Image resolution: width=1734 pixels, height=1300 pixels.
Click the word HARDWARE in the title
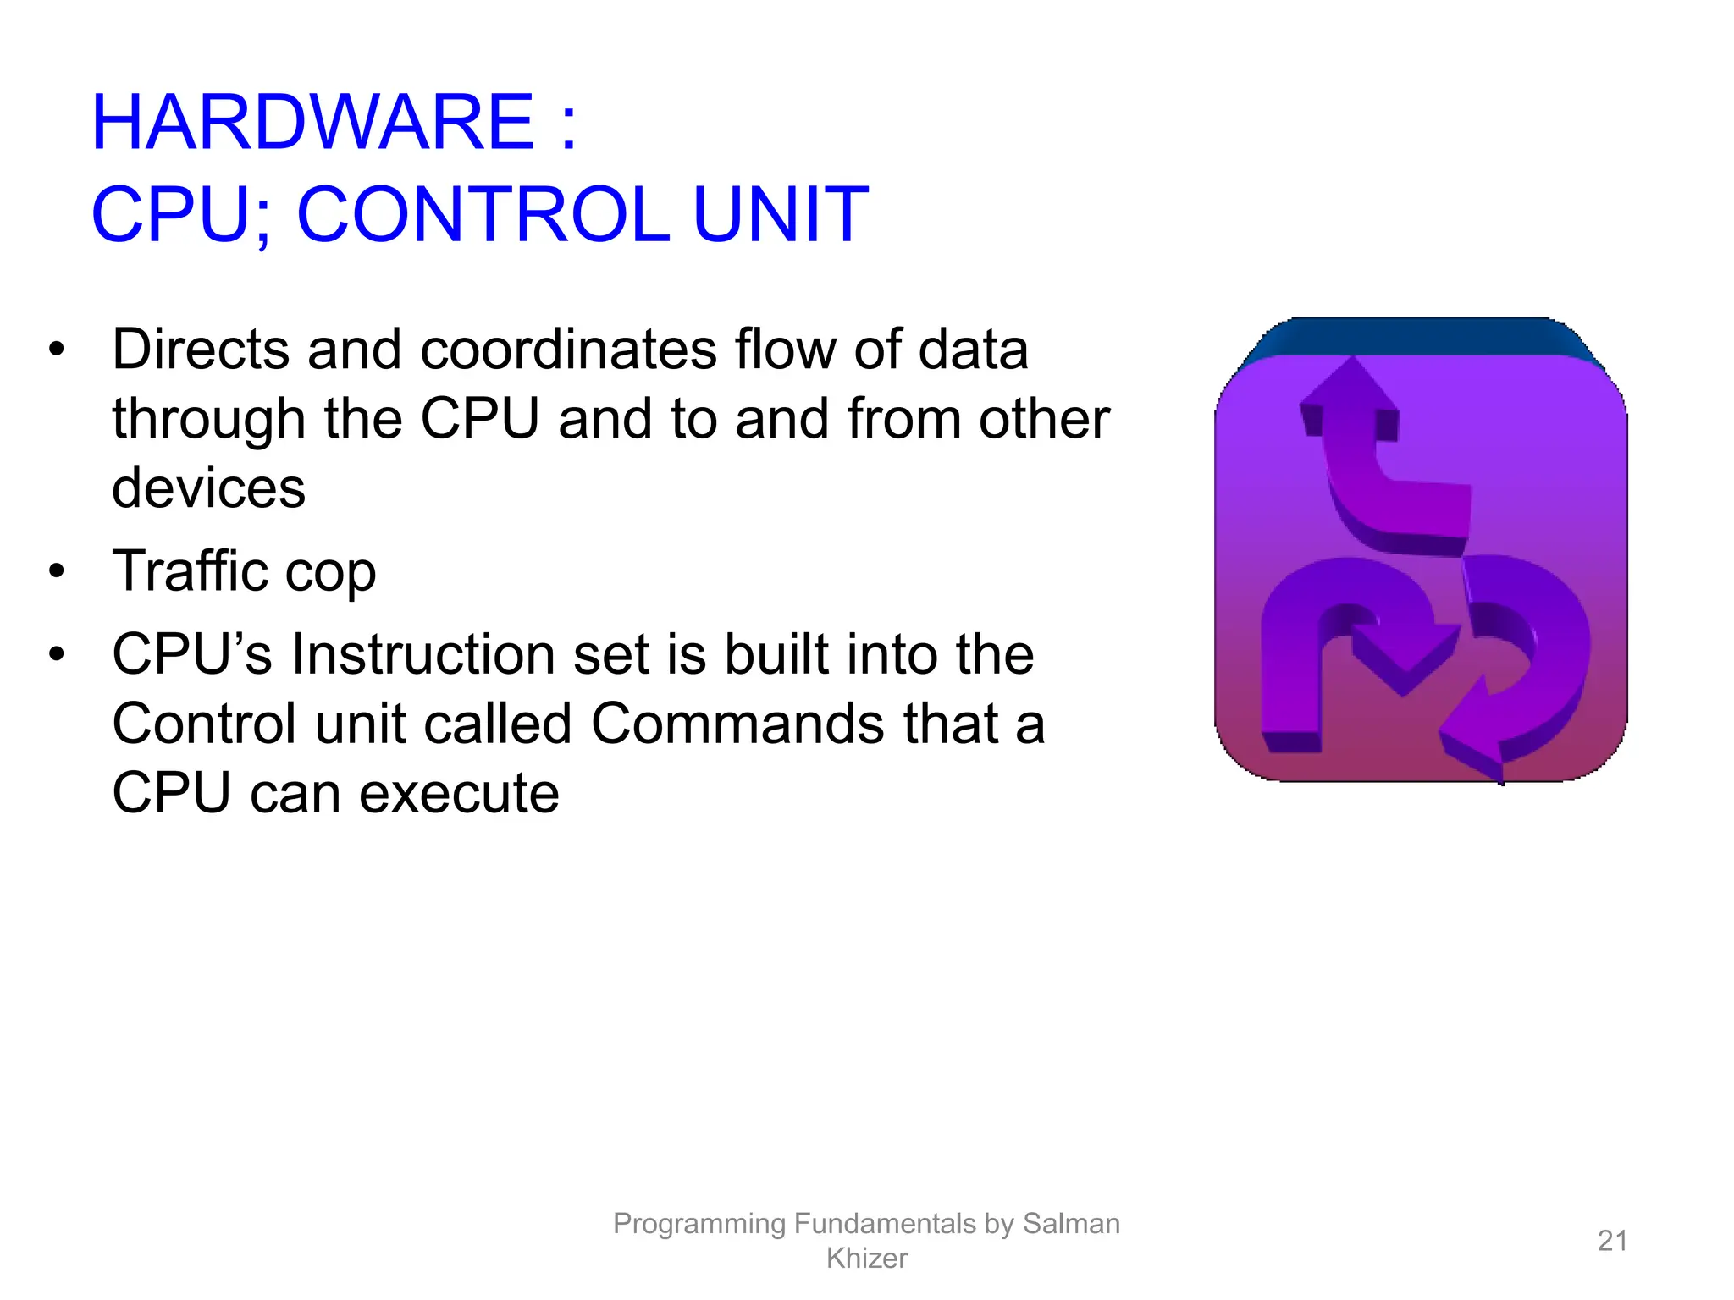(312, 124)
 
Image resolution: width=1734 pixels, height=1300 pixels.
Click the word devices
(208, 488)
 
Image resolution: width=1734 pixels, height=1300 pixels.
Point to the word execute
(459, 794)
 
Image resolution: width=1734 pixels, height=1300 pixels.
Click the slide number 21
(1612, 1241)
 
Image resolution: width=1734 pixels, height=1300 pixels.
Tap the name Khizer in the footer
(866, 1259)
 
